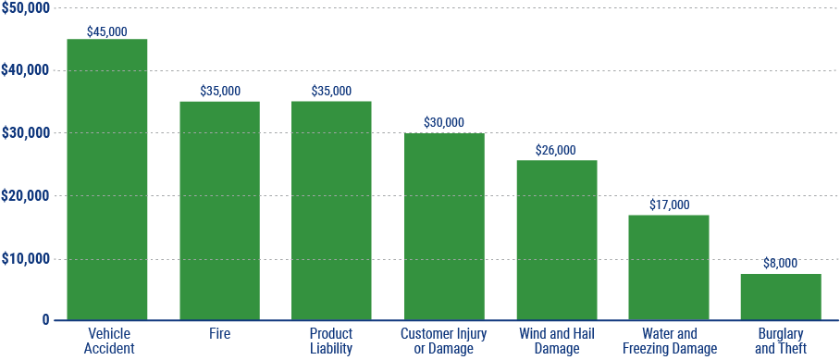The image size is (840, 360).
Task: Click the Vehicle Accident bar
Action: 107,180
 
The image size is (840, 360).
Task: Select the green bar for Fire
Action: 219,211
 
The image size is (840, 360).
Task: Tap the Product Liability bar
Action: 331,211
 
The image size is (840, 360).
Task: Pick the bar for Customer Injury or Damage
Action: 444,227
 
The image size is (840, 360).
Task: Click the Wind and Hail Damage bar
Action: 557,240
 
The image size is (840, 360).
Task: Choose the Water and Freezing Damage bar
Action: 669,267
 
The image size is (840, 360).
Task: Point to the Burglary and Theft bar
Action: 781,297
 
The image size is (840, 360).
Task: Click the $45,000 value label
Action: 107,31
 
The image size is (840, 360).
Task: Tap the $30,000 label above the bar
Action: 444,122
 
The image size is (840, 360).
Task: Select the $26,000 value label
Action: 557,150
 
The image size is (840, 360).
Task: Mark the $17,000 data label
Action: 669,205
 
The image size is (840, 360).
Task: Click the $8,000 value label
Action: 781,263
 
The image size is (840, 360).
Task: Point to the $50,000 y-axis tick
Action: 25,7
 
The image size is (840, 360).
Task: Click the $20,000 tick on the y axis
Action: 25,196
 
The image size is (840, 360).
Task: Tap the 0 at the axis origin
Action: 45,320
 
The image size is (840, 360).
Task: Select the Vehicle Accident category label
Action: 110,341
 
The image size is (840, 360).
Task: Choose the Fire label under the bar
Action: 219,333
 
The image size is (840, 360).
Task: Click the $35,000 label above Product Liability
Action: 331,91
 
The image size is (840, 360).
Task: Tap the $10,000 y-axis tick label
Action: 25,259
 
